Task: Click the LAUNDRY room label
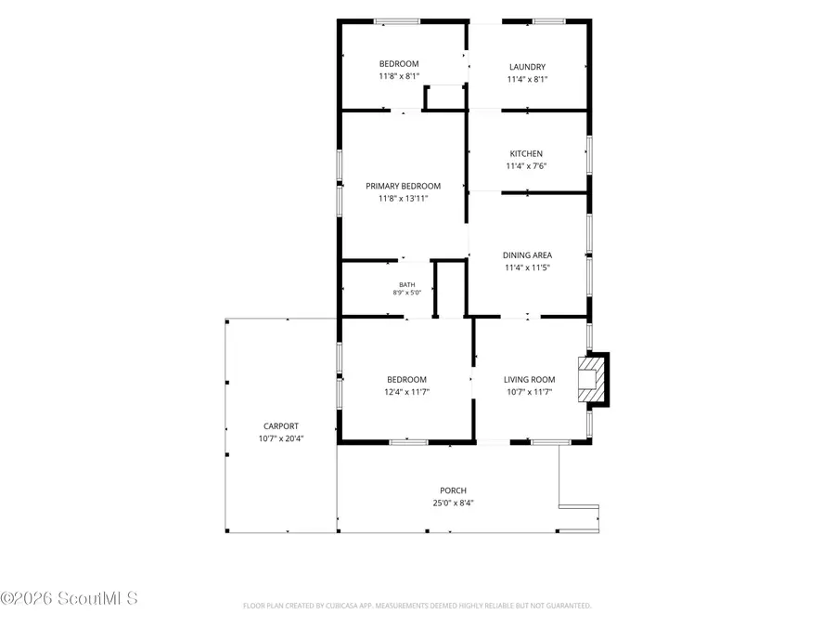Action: (x=527, y=67)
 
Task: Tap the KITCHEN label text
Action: (x=526, y=153)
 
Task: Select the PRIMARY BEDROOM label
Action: (x=404, y=186)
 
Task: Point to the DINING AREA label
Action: (x=527, y=255)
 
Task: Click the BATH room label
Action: (x=407, y=285)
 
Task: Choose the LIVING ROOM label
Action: (x=530, y=380)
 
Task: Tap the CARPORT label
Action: (x=281, y=426)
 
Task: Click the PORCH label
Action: (x=453, y=490)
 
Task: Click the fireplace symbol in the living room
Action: (x=593, y=380)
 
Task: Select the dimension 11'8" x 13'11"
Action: (x=404, y=199)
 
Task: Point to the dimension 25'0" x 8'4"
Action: (x=453, y=503)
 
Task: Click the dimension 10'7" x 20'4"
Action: (x=281, y=438)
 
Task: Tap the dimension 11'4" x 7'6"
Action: (x=526, y=166)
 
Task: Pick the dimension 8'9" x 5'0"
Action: (x=407, y=293)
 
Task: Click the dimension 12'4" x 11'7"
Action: (x=407, y=392)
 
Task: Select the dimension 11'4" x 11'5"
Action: (x=527, y=268)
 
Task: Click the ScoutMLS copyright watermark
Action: (x=70, y=598)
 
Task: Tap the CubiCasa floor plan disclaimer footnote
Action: (x=417, y=606)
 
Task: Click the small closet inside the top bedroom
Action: (x=444, y=97)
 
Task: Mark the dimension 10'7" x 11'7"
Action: (x=530, y=392)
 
